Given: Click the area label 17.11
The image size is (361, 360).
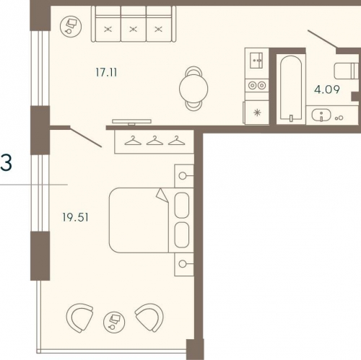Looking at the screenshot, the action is [106, 72].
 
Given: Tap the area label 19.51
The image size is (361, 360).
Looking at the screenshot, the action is [75, 217].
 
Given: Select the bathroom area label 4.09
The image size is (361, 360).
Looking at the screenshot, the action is [327, 89].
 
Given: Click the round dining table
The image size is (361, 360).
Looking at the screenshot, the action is [193, 89].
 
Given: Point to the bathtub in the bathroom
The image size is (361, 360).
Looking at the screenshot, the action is [291, 88].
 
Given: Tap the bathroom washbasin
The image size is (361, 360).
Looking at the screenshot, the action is [321, 115].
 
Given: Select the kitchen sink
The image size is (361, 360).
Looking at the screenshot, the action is [256, 60].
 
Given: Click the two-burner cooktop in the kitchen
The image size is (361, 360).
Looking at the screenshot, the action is [257, 85].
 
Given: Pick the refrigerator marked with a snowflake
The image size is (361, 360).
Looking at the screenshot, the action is [256, 113].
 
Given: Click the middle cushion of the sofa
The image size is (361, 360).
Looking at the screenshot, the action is [134, 29].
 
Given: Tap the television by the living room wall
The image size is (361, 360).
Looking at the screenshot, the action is [131, 122].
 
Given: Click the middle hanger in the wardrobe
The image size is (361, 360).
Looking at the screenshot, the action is [155, 141].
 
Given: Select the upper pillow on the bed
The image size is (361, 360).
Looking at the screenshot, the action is [182, 205].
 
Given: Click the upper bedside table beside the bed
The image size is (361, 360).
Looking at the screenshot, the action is [184, 176].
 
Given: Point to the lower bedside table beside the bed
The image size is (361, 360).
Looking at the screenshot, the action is [184, 264].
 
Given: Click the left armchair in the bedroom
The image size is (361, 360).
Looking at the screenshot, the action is [79, 317].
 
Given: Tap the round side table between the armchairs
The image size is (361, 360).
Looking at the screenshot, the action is [114, 322].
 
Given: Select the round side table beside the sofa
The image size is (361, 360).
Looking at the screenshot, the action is [71, 26].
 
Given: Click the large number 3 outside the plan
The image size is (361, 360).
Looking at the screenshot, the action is [6, 163].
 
